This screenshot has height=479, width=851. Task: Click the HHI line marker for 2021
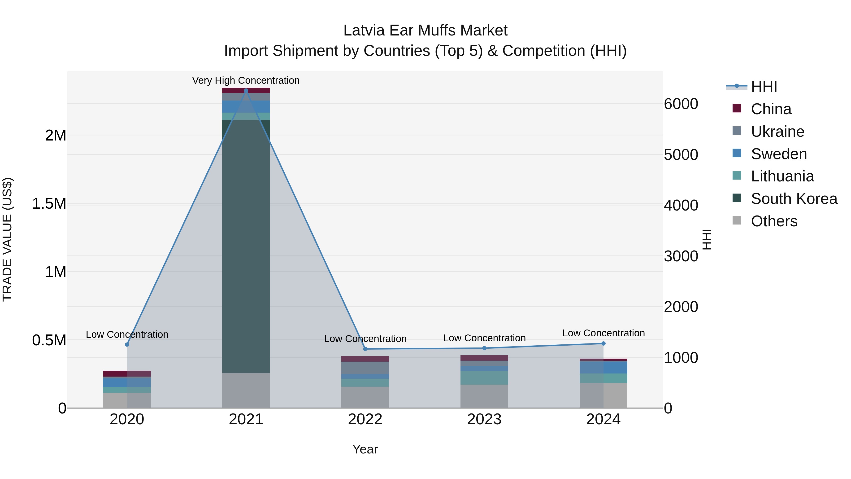click(246, 91)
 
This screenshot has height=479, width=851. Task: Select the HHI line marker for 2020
click(127, 344)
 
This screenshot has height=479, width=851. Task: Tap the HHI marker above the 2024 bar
click(603, 343)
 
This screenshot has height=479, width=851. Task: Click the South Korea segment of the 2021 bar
click(246, 246)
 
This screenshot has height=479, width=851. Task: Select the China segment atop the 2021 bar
click(246, 91)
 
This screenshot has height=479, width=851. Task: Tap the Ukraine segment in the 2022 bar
click(365, 368)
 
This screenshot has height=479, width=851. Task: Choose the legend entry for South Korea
click(794, 199)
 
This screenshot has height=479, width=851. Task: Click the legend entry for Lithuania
click(782, 176)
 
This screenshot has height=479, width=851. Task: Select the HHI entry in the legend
click(764, 87)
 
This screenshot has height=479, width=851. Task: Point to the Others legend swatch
click(736, 220)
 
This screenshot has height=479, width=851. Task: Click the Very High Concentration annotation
click(246, 80)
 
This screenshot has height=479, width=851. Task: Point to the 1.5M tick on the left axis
click(49, 204)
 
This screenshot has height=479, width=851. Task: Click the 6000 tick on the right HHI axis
click(681, 104)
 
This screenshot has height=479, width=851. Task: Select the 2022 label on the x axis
click(365, 419)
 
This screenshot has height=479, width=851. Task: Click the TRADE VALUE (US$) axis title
click(7, 239)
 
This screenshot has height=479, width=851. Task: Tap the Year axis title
click(365, 449)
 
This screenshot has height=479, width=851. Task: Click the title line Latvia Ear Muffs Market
click(425, 31)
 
